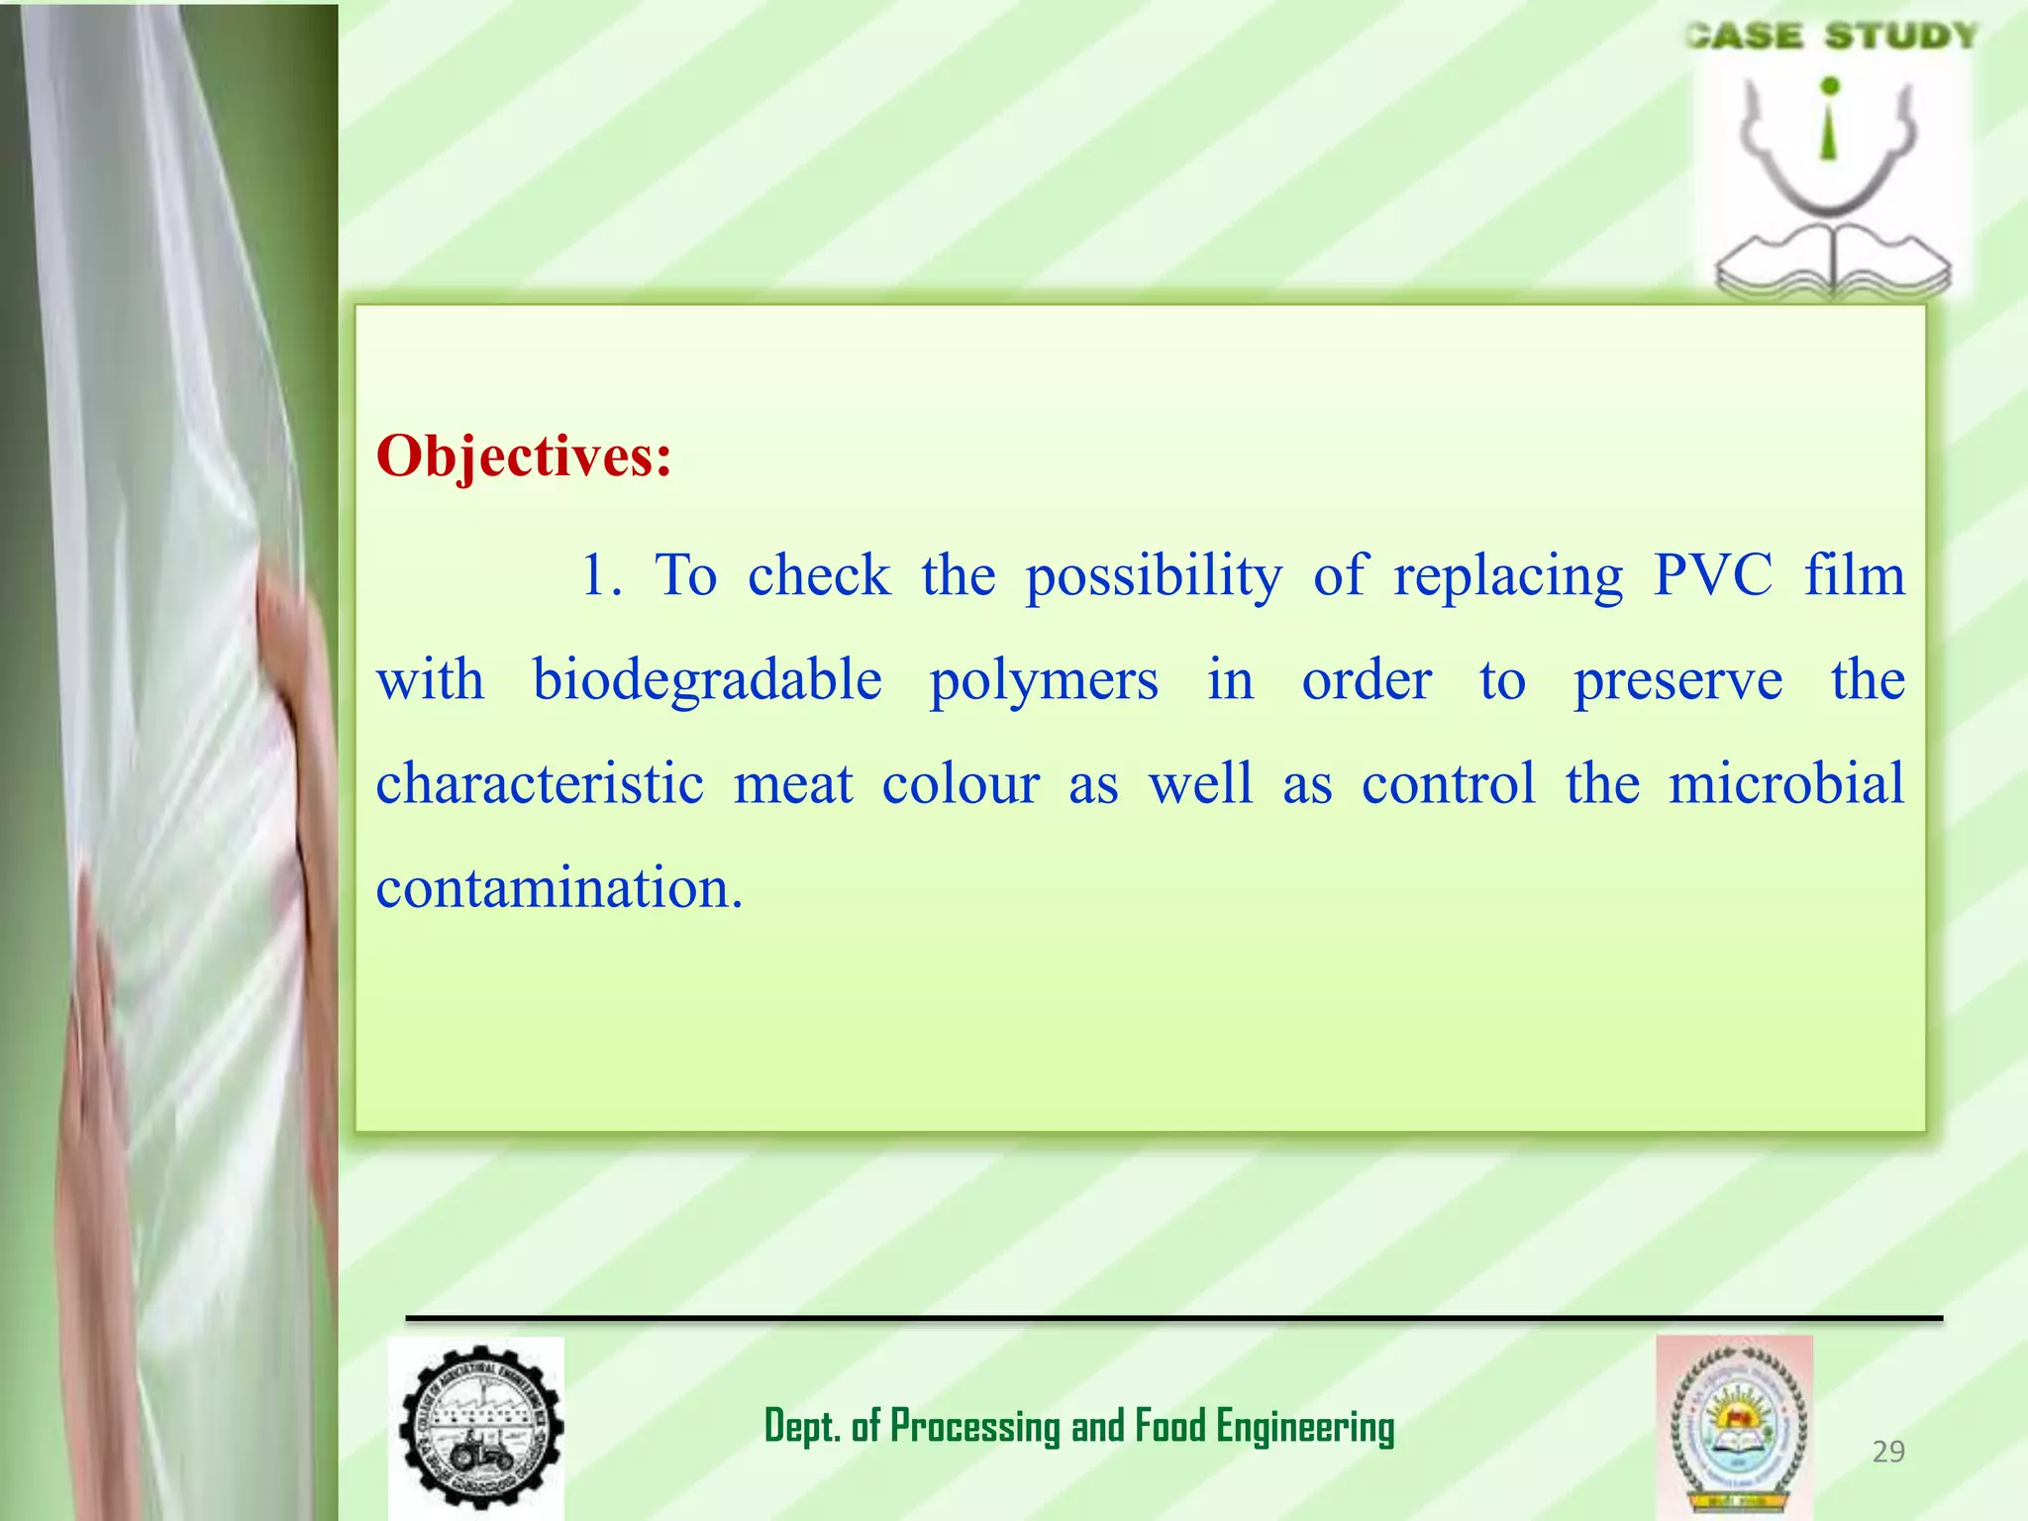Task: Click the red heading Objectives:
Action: coord(524,457)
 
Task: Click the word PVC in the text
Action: coord(1712,575)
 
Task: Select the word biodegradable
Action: coord(707,680)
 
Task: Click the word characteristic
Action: coord(540,783)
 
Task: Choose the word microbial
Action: coord(1785,783)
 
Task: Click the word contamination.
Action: coord(558,887)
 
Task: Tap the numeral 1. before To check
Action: coord(600,575)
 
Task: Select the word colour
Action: coord(960,783)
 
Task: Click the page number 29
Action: coord(1888,1452)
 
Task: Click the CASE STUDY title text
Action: coord(1832,37)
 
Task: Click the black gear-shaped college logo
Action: coord(480,1427)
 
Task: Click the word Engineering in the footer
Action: coord(1305,1427)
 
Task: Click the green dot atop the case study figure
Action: coord(1830,86)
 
